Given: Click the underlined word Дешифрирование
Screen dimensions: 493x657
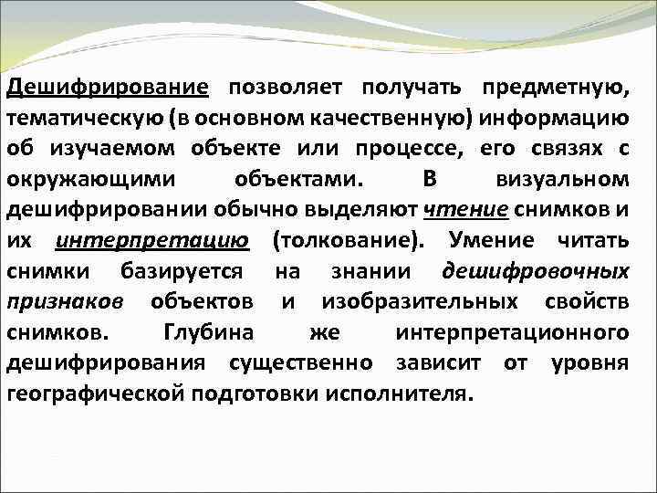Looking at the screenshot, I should [108, 87].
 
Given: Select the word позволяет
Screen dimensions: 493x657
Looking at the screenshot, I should [286, 87].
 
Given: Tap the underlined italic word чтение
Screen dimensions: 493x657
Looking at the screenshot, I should [467, 210].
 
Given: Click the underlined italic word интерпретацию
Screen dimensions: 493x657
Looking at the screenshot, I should [151, 241].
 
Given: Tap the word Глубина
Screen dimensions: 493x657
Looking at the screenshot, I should [207, 333].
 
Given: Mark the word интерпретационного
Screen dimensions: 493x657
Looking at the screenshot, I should [512, 333].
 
